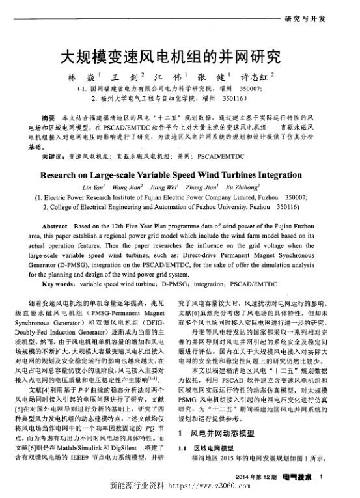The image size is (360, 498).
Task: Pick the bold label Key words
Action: tap(61, 284)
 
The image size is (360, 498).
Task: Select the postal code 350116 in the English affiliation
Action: tap(283, 207)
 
